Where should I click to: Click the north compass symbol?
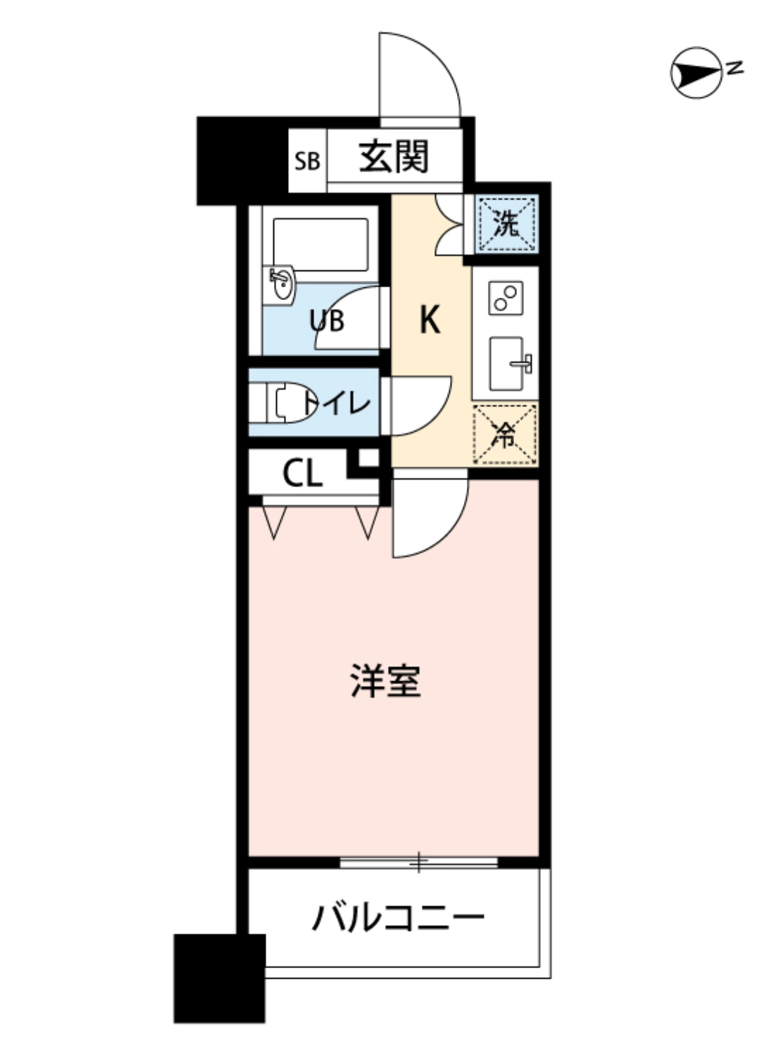click(697, 73)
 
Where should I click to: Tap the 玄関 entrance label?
click(394, 157)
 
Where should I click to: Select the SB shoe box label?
click(307, 161)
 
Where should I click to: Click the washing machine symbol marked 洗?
click(507, 224)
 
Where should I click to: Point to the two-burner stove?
click(505, 297)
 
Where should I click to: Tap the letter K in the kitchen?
click(429, 321)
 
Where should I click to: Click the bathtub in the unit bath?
click(321, 244)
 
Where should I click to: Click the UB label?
click(327, 321)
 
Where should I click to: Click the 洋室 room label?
click(386, 681)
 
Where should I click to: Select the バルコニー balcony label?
click(398, 917)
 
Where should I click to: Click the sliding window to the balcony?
click(419, 862)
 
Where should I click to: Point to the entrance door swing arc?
click(419, 76)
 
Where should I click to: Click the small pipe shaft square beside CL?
click(368, 458)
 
